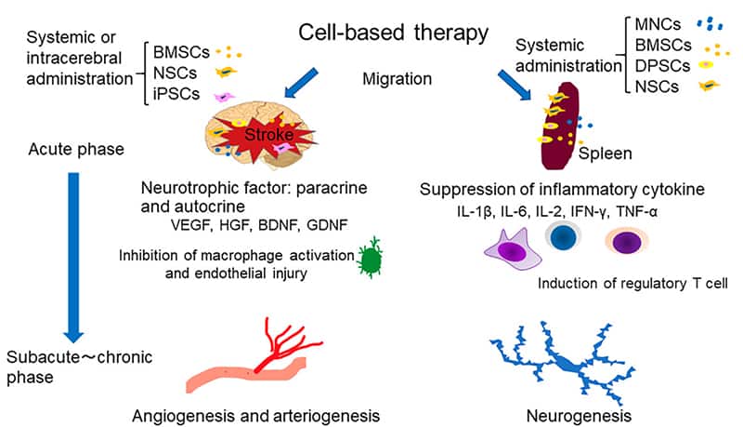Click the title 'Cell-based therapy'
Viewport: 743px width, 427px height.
[x=393, y=34]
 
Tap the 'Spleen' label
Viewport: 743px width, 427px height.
[x=604, y=153]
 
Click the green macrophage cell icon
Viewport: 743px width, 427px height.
[x=371, y=260]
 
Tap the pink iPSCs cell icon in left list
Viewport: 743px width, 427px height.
[x=224, y=96]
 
